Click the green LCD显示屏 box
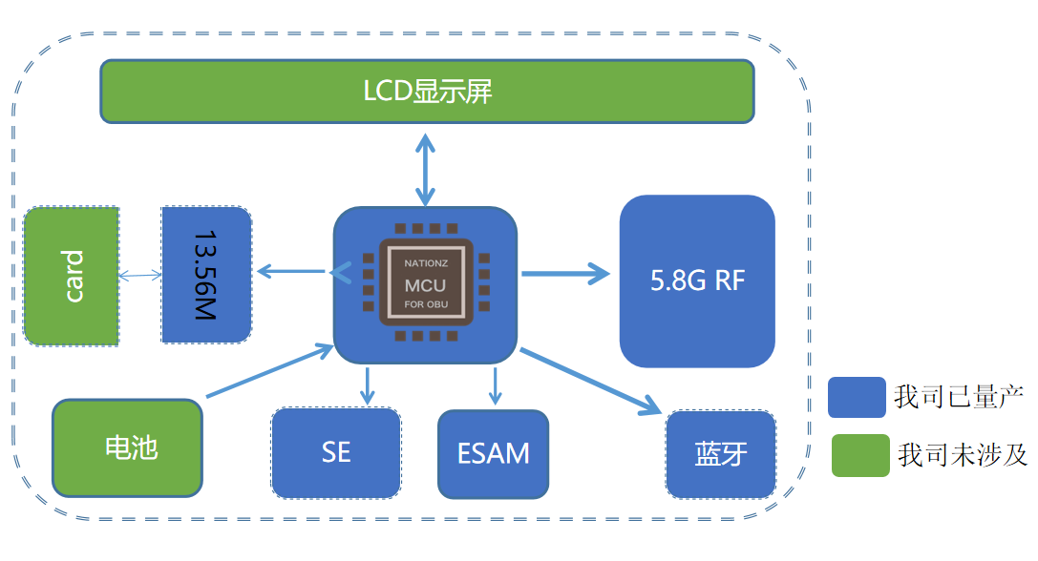point(427,92)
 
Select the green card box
point(72,276)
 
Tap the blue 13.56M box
point(206,275)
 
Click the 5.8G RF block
point(697,280)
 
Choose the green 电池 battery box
point(128,447)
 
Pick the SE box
point(336,452)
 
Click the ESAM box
point(494,453)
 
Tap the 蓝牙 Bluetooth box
point(720,454)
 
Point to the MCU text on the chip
point(425,284)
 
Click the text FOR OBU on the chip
point(425,305)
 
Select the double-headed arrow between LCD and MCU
point(424,168)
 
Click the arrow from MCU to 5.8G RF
point(565,275)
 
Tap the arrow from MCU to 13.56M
point(292,273)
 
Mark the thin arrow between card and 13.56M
point(139,276)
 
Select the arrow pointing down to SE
point(366,384)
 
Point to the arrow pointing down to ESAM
point(495,384)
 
